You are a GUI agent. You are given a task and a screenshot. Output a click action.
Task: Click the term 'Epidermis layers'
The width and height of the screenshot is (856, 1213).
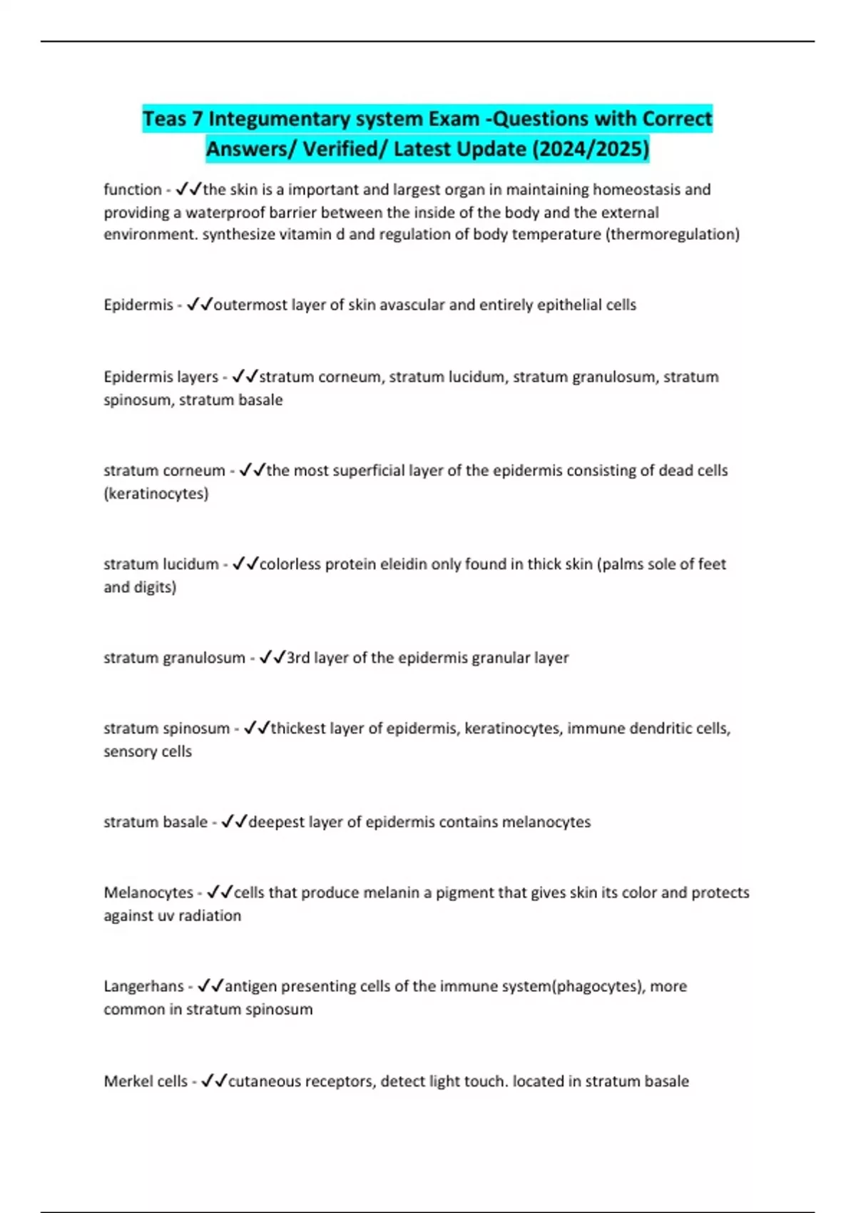click(160, 377)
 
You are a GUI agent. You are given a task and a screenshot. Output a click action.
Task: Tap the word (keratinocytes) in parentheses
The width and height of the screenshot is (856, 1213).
click(156, 493)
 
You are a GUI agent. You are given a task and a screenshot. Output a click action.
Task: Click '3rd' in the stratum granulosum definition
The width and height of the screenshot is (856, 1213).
click(297, 657)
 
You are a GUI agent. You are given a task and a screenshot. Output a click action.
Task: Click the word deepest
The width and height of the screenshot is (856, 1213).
click(277, 822)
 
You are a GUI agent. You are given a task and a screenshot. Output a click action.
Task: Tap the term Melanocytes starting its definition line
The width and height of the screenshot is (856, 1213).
click(148, 893)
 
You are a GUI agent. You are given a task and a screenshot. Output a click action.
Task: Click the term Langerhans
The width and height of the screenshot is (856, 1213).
click(143, 986)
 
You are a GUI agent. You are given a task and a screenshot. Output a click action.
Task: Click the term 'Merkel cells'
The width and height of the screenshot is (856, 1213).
click(146, 1081)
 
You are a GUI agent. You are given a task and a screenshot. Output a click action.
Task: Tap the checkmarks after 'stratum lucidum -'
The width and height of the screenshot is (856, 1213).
click(245, 564)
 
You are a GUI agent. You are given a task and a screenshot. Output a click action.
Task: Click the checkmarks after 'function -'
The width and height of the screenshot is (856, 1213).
click(189, 190)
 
